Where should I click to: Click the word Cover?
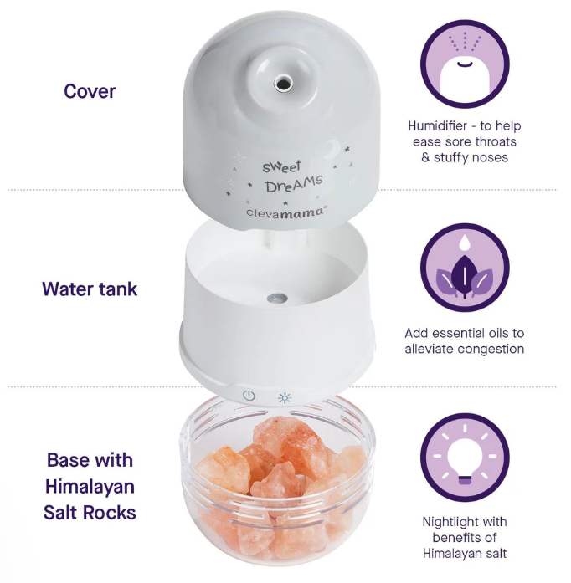90,91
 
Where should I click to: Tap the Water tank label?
90,289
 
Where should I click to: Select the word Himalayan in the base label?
90,487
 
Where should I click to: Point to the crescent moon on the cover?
333,148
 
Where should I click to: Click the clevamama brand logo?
285,212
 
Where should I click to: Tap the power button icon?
249,396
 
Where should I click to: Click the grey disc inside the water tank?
277,298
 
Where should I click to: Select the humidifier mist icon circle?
465,64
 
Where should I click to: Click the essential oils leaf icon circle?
465,268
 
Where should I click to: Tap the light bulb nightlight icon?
465,458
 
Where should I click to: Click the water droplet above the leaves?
464,242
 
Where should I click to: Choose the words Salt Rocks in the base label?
90,513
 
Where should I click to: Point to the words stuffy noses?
471,157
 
